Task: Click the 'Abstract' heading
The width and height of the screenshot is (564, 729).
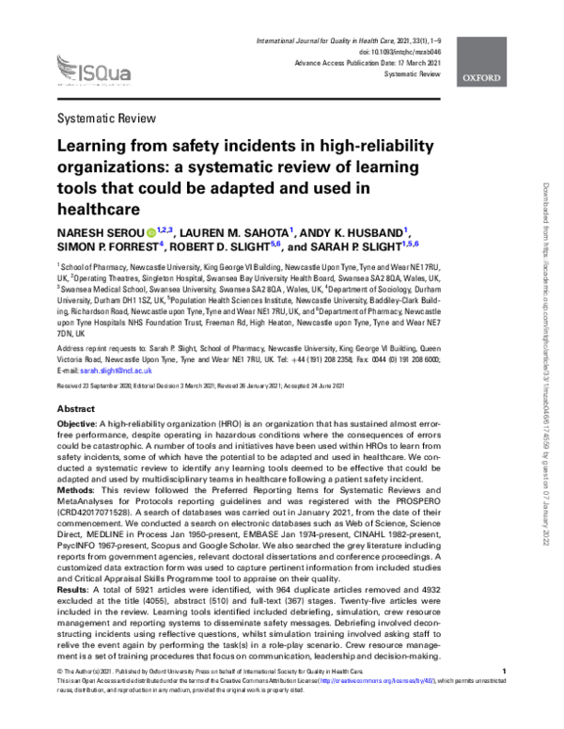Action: click(x=76, y=410)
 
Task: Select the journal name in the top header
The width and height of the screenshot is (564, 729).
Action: click(x=338, y=42)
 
